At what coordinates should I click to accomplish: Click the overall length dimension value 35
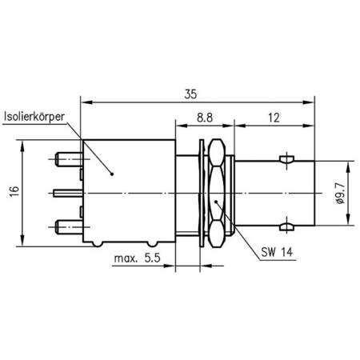tap(190, 94)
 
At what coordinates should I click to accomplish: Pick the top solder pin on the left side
tap(67, 159)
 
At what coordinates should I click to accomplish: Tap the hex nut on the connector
tap(216, 192)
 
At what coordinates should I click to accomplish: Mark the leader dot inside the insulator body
tap(111, 173)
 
